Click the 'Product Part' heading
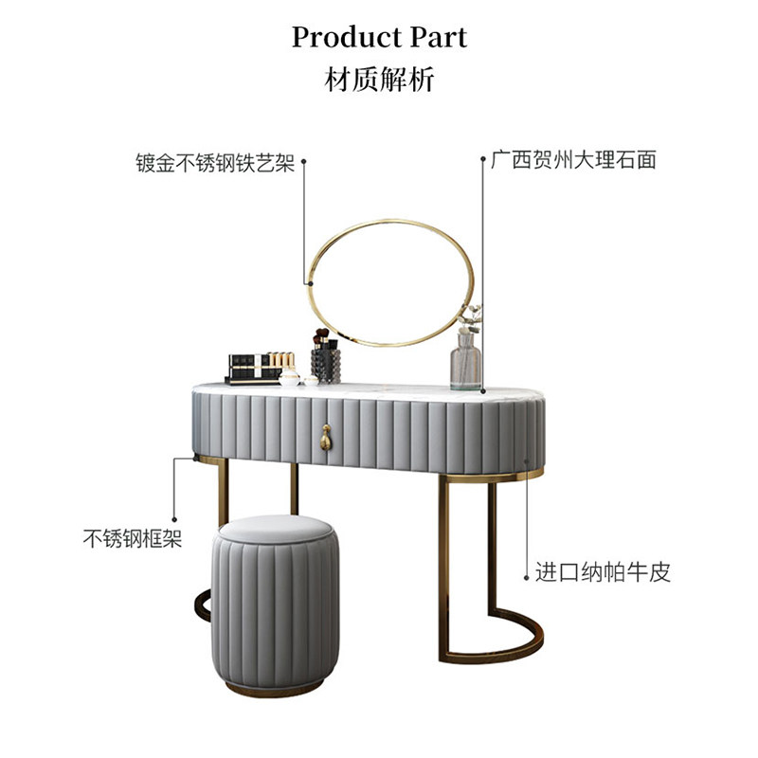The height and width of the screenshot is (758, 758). (379, 37)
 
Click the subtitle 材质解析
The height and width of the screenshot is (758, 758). (379, 81)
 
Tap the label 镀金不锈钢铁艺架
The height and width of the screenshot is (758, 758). (215, 162)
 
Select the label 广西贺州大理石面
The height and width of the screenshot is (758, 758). (573, 160)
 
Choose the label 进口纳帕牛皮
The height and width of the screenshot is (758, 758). (603, 573)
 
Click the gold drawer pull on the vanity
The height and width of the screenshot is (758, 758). (325, 437)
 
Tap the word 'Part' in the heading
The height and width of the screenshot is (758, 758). (437, 37)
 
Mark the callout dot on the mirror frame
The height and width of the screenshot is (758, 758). (309, 282)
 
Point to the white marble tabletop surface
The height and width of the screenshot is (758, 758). (379, 389)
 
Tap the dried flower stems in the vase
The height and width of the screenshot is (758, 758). (471, 319)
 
